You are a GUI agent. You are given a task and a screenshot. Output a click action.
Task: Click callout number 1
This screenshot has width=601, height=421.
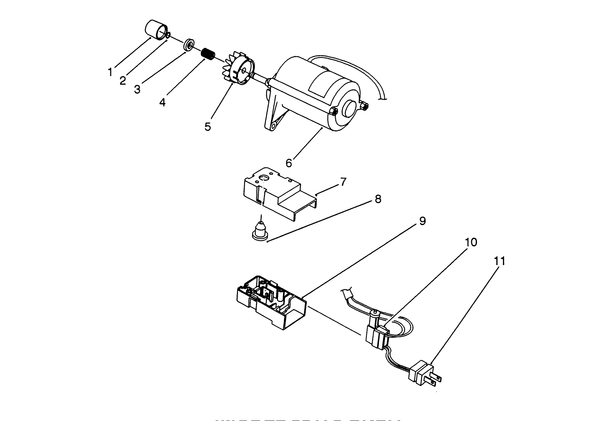point(110,72)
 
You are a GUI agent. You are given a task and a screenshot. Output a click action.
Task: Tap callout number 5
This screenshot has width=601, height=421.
point(208,127)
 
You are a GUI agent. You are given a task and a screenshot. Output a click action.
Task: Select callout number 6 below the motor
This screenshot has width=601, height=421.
point(289,163)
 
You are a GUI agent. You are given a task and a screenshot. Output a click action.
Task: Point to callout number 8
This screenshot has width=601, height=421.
point(378,199)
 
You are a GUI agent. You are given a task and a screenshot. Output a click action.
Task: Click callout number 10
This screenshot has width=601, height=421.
point(471,242)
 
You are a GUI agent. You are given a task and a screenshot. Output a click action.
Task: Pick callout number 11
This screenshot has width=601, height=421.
point(499,261)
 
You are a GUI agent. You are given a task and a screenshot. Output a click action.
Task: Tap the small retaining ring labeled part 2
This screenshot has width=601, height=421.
point(168,35)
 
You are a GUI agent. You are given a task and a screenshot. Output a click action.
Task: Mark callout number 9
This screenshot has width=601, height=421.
point(422,221)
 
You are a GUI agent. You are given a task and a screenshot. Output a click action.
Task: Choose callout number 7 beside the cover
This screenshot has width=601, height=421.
point(343,182)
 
